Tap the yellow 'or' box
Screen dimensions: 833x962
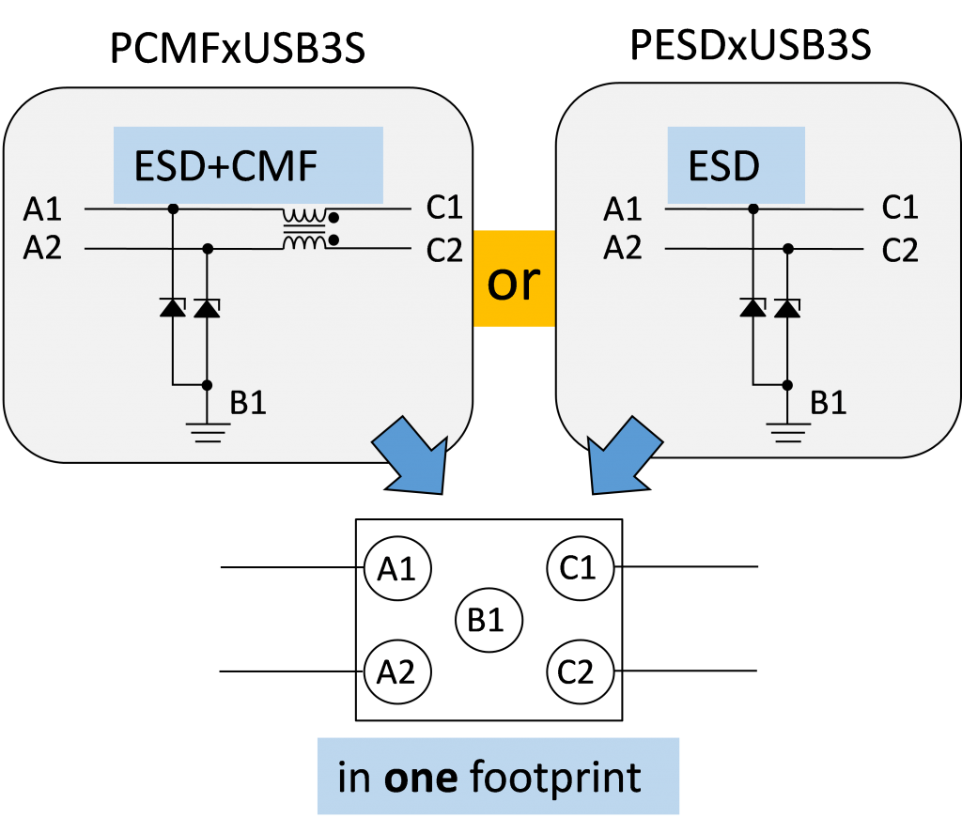click(514, 281)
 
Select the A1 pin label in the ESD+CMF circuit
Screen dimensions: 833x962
click(43, 208)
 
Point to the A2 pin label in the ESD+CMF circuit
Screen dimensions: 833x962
click(43, 249)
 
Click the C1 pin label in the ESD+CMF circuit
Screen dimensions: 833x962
click(444, 208)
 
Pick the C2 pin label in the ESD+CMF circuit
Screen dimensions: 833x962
click(444, 251)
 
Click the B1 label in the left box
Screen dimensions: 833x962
click(248, 403)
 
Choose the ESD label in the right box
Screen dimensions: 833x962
click(723, 166)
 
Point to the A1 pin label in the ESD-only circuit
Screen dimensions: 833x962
click(623, 208)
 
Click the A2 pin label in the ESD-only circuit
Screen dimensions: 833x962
click(623, 248)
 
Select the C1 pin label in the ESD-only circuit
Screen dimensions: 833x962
click(900, 208)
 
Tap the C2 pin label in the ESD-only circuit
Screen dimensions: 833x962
click(900, 251)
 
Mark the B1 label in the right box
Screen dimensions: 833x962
click(828, 403)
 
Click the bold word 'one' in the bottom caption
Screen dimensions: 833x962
click(421, 778)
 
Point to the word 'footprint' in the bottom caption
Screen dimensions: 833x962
click(555, 778)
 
